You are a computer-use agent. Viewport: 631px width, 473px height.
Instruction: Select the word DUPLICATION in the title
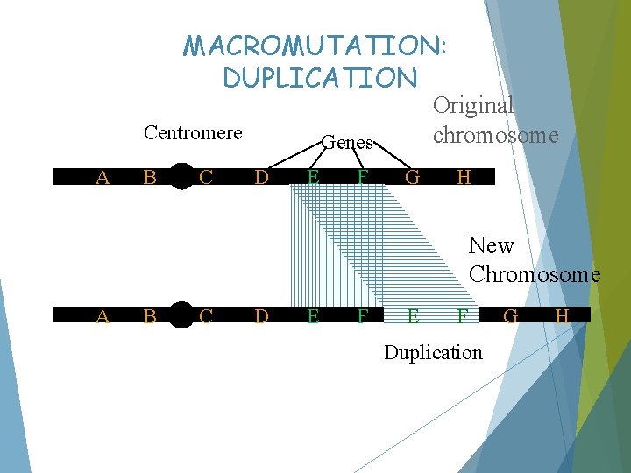point(320,78)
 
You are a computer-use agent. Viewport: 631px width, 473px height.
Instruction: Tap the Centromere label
point(193,133)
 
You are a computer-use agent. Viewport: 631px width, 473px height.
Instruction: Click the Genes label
point(348,142)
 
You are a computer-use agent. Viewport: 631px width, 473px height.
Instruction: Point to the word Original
point(473,105)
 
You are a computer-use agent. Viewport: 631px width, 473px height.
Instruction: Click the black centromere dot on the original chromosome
point(181,177)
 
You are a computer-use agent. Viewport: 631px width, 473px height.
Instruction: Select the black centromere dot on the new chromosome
point(181,314)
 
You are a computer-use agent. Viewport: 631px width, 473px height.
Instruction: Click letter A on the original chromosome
point(103,178)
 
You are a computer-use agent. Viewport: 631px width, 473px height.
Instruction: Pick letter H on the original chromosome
point(464,178)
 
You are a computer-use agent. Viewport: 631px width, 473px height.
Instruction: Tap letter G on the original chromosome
point(411,178)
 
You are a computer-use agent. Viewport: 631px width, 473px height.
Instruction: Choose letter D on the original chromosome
point(261,178)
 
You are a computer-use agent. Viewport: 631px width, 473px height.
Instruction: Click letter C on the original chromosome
point(206,178)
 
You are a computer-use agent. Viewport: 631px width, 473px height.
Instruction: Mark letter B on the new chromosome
point(150,315)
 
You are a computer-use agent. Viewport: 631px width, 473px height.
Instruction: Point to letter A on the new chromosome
point(103,315)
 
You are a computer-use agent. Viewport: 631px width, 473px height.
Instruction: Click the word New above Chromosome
point(491,245)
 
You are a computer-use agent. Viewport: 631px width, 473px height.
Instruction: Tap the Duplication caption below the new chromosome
point(433,352)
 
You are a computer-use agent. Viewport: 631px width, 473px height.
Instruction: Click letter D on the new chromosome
point(261,315)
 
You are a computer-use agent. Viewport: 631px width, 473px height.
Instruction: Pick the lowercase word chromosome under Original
point(495,136)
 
